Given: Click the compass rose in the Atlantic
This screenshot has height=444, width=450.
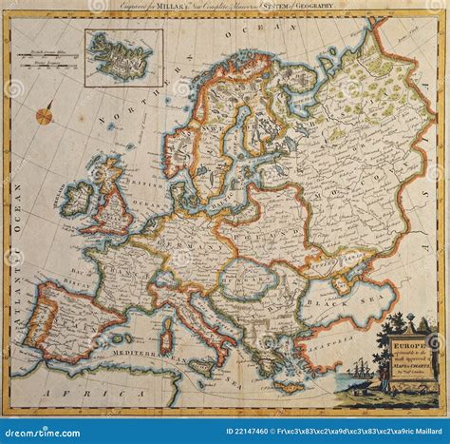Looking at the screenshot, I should tap(45, 116).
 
